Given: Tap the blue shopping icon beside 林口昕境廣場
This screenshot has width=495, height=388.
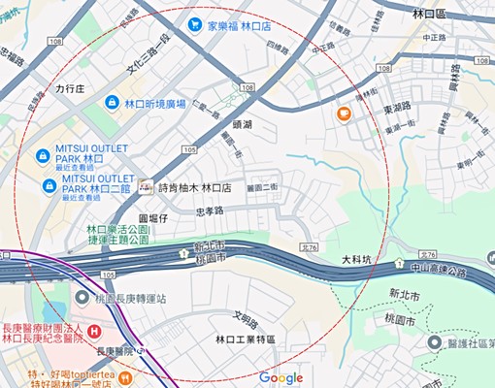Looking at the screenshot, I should coord(113,103).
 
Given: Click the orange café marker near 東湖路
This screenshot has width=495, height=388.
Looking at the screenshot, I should coord(344,114).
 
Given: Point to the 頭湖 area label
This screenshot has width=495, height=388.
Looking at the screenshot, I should coord(243,126).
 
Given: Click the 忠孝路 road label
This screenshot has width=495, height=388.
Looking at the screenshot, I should coord(210,210).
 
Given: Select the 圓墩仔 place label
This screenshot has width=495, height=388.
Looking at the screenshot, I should coord(153,220).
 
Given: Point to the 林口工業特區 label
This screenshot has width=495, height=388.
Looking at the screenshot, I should coord(245,340).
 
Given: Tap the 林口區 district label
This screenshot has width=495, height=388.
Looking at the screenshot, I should coord(427,15).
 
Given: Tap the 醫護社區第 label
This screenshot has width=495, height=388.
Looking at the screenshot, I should coord(469,342).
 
